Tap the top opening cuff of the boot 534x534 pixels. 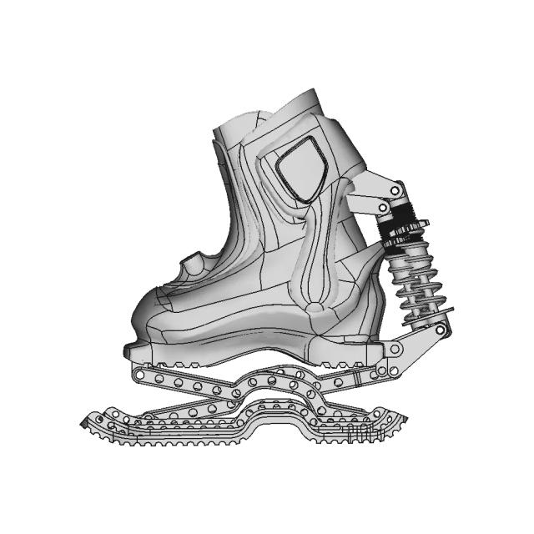267,113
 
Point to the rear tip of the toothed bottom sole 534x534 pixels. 404,422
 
